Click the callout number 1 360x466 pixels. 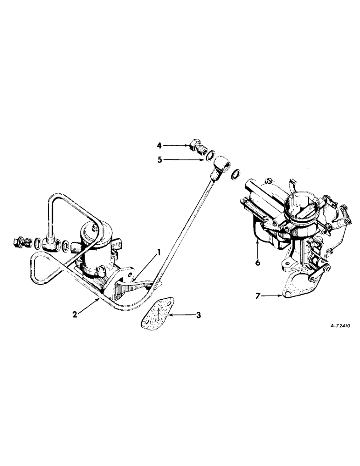159,253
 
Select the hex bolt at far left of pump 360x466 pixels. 19,242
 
